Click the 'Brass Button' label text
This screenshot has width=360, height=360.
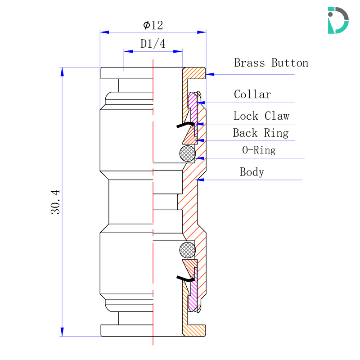(x=271, y=63)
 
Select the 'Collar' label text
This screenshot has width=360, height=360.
(x=252, y=94)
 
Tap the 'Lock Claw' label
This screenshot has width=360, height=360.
(x=261, y=116)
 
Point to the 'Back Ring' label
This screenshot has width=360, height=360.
(x=261, y=133)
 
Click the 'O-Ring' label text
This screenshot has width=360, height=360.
(x=259, y=150)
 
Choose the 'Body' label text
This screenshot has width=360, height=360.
(x=252, y=172)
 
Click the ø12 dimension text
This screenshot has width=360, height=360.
(x=153, y=25)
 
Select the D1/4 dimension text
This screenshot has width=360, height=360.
(x=153, y=44)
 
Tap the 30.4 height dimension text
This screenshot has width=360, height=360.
(x=55, y=202)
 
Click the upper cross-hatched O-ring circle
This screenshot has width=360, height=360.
(x=187, y=153)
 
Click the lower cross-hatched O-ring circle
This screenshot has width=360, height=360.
(x=187, y=250)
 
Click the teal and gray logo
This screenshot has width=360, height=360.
(x=338, y=20)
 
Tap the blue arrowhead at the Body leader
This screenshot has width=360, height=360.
(x=201, y=180)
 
